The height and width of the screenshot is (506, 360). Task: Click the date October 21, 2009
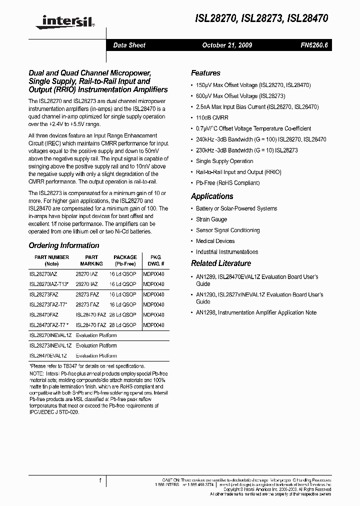[226, 45]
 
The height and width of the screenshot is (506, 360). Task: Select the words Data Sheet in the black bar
[129, 45]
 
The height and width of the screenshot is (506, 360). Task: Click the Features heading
[205, 73]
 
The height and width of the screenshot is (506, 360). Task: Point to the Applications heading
[212, 196]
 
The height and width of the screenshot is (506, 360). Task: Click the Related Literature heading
[221, 263]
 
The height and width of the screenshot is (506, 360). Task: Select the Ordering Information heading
[64, 245]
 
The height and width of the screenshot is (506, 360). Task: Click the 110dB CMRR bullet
[212, 118]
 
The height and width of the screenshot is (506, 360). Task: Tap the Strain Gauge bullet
[211, 219]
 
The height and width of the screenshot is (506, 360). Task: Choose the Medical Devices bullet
[215, 241]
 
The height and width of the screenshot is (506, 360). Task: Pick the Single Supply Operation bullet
[224, 161]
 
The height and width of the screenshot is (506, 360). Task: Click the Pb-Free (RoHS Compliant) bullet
[227, 183]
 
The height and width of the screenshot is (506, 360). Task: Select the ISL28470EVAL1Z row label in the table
[48, 356]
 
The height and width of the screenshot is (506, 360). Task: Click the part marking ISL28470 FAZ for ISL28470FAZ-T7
[90, 325]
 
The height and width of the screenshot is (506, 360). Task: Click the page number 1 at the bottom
[100, 480]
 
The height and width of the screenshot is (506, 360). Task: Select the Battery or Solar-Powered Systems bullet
[236, 208]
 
